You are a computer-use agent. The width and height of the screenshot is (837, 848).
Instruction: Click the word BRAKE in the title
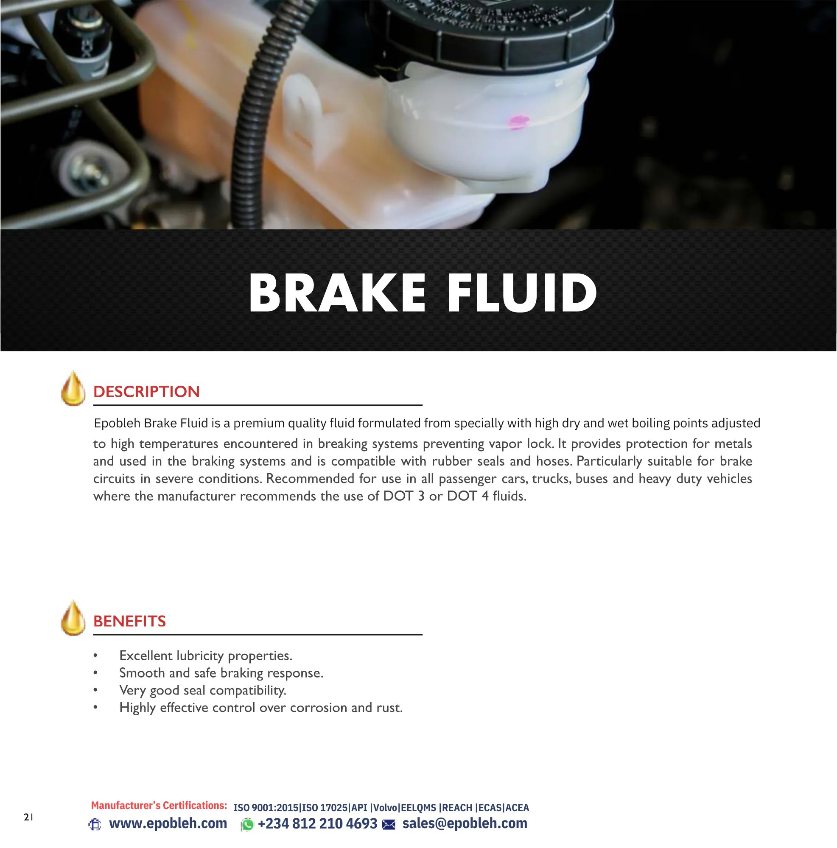(337, 292)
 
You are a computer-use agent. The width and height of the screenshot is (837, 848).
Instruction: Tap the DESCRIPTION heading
(146, 391)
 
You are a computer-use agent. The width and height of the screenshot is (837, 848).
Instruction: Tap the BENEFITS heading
(129, 621)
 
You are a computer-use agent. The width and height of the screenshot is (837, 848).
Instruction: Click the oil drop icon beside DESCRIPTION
(73, 388)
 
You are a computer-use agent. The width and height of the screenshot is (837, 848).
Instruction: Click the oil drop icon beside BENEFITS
(73, 619)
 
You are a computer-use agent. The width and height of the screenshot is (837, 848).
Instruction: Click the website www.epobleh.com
(168, 823)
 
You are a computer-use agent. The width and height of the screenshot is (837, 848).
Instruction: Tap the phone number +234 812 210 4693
(317, 823)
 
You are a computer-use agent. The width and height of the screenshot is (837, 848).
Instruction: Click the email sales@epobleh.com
(465, 823)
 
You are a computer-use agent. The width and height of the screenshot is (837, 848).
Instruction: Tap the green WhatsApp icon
(248, 825)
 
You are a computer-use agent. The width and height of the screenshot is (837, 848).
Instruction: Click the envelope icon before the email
(389, 825)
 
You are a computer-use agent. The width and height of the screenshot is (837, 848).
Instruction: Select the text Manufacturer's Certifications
(159, 806)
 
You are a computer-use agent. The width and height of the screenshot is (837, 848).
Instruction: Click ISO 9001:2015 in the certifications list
(266, 808)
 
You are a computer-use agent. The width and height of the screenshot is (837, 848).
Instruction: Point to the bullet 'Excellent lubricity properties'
(205, 656)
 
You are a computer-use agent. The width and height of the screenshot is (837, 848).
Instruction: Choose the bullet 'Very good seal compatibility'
(202, 690)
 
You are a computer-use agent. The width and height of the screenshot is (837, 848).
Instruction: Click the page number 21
(28, 817)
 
